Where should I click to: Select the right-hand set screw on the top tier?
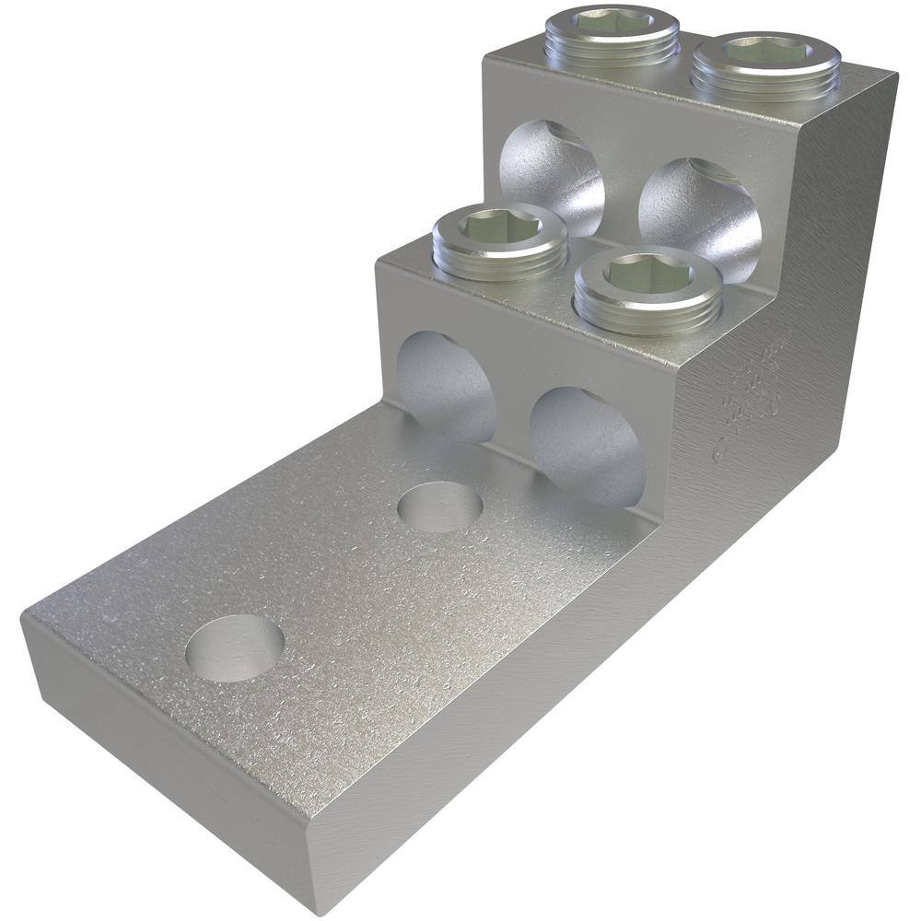point(766,64)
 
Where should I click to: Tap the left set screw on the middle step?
point(499,241)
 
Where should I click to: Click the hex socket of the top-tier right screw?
point(766,50)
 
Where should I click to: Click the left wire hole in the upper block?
point(551,175)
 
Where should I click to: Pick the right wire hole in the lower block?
point(588,447)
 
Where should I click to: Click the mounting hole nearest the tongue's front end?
point(234,647)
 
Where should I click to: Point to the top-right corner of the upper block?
point(895,74)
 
